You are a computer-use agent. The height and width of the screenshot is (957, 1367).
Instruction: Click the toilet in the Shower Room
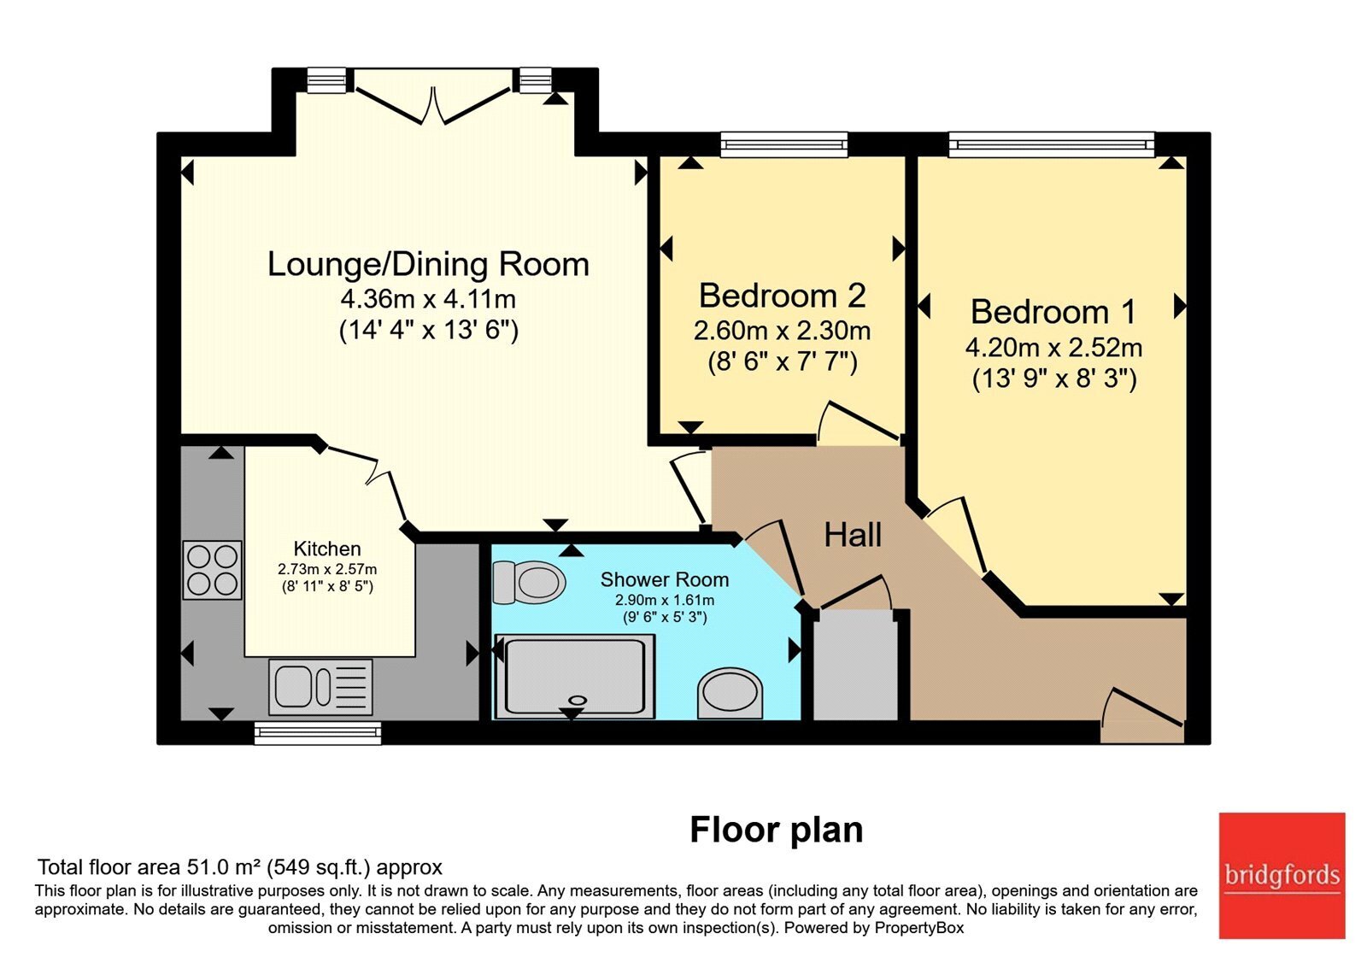pyautogui.click(x=529, y=582)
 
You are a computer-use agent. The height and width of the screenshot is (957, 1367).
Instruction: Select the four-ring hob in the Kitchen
pyautogui.click(x=213, y=570)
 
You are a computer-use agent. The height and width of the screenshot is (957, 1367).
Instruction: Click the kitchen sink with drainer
pyautogui.click(x=320, y=687)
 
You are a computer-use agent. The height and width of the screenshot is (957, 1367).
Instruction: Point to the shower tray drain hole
pyautogui.click(x=577, y=700)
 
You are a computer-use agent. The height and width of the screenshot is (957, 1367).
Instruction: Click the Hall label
pyautogui.click(x=853, y=535)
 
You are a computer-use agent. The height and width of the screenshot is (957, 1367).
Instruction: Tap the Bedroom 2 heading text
pyautogui.click(x=783, y=296)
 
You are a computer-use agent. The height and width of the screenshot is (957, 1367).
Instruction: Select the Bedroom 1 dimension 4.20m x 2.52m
pyautogui.click(x=1054, y=347)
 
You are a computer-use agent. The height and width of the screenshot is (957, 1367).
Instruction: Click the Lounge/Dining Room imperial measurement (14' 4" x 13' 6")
pyautogui.click(x=428, y=330)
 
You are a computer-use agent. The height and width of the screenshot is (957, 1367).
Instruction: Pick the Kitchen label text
pyautogui.click(x=327, y=548)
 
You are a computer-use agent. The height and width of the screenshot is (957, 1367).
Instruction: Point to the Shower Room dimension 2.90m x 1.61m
pyautogui.click(x=665, y=600)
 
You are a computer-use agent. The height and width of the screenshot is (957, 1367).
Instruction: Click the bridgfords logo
pyautogui.click(x=1282, y=876)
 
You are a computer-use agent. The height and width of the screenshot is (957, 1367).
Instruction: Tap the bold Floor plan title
pyautogui.click(x=777, y=830)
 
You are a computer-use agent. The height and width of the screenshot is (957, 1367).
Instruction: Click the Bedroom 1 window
pyautogui.click(x=1052, y=144)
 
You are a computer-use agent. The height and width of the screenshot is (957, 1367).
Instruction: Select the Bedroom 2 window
pyautogui.click(x=784, y=144)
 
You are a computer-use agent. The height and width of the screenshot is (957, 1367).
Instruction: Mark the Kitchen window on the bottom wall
pyautogui.click(x=317, y=733)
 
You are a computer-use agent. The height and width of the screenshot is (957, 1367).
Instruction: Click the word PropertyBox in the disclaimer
pyautogui.click(x=919, y=928)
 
